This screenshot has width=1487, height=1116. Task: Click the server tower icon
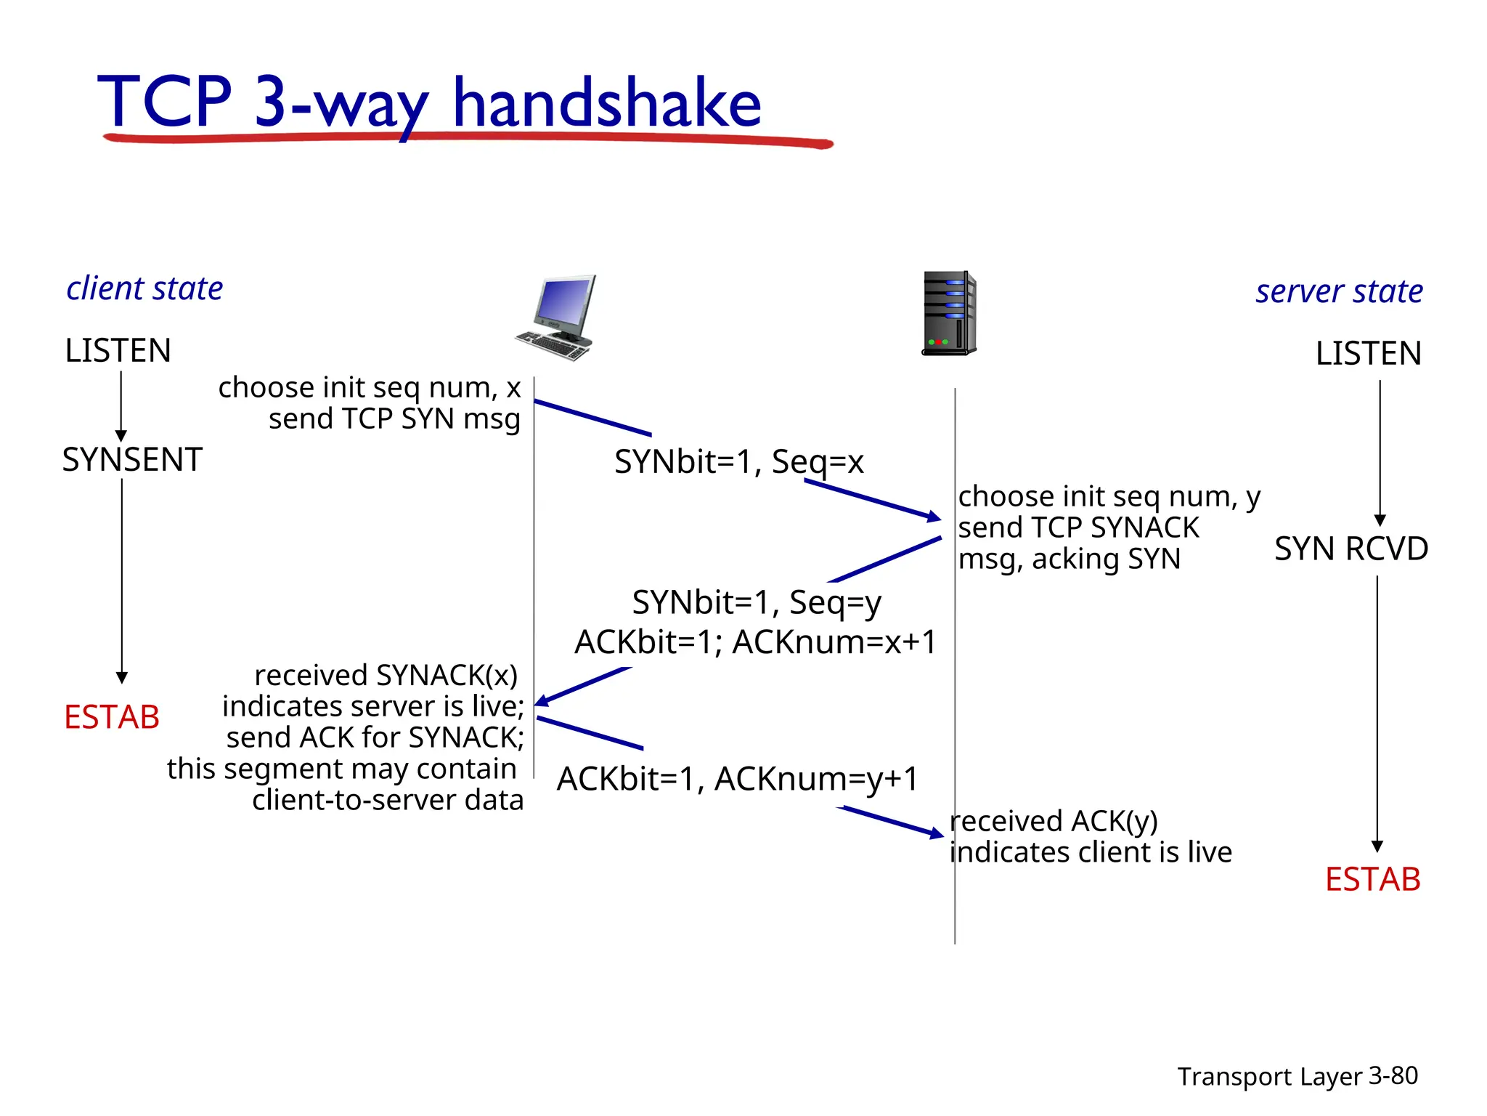(x=949, y=313)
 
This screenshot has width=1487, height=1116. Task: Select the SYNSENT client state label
(x=132, y=460)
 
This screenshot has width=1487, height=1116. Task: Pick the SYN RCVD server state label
(x=1350, y=549)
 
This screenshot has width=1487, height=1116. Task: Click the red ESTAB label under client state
(x=112, y=717)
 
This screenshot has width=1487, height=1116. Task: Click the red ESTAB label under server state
(x=1372, y=879)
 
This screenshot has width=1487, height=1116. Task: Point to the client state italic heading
(x=144, y=288)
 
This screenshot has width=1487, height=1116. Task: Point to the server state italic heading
(x=1339, y=291)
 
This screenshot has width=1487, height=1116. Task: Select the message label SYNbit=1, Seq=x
(x=738, y=461)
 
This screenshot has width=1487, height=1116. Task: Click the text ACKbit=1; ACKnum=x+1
(x=755, y=642)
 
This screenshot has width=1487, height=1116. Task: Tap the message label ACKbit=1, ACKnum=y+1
(x=737, y=779)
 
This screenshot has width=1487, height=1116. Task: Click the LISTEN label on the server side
(x=1368, y=354)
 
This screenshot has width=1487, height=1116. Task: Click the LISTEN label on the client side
(x=118, y=351)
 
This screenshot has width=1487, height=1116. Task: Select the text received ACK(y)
(x=1054, y=821)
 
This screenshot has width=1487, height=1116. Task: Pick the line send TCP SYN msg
(x=394, y=419)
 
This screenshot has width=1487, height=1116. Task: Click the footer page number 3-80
(x=1393, y=1075)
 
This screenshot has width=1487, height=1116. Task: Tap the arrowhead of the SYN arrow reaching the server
(x=934, y=517)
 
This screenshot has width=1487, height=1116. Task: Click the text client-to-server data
(x=388, y=800)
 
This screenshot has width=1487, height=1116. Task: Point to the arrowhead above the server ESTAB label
(x=1377, y=846)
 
